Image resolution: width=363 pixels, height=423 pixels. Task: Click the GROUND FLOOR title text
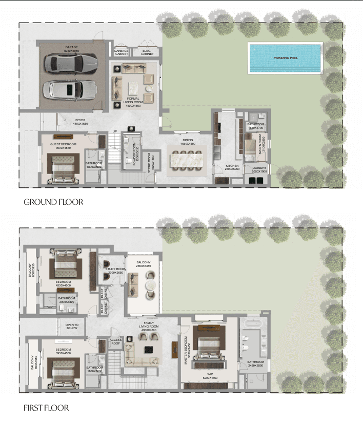pos(53,202)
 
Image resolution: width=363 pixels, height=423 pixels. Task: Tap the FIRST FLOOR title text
pos(46,408)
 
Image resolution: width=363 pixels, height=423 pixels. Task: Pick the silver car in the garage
pos(70,90)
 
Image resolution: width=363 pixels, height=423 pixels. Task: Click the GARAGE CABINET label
pos(122,52)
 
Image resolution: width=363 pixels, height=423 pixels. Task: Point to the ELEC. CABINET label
pos(147,52)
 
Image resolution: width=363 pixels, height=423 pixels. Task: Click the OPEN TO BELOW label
pos(72,326)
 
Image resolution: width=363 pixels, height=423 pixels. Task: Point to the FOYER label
pos(80,122)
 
